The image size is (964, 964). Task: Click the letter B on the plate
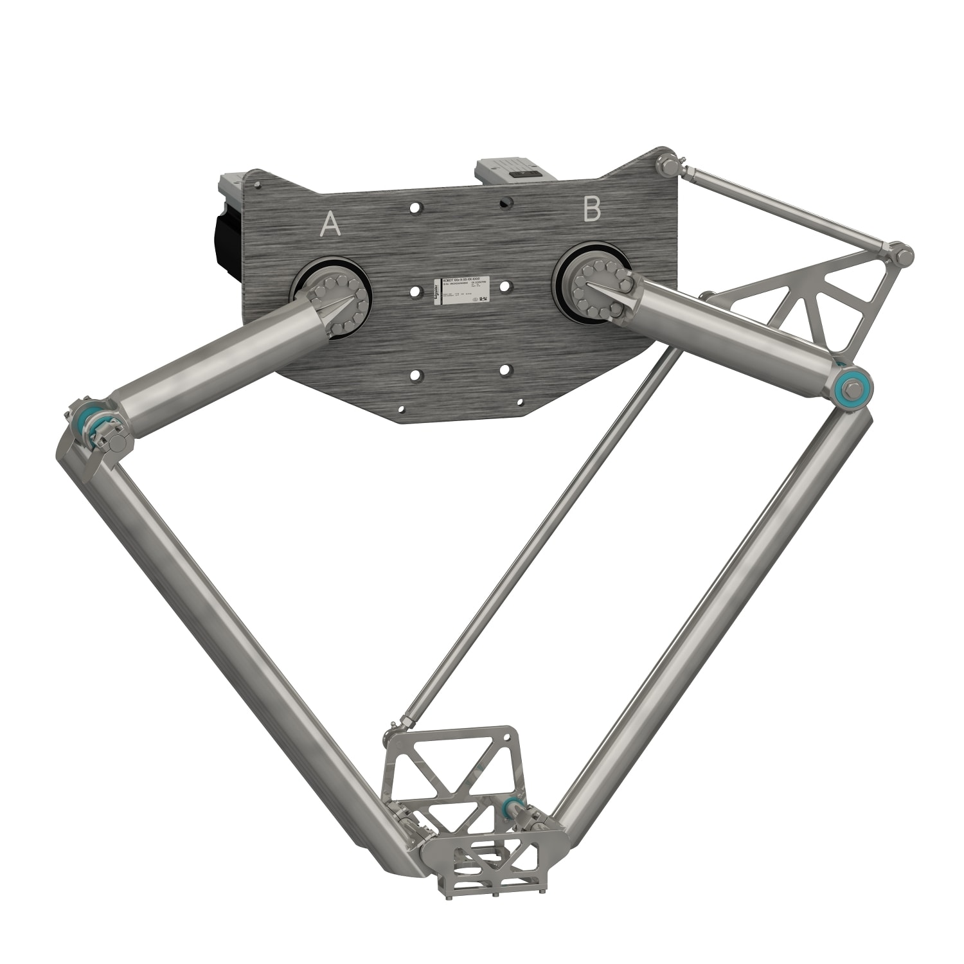click(x=591, y=210)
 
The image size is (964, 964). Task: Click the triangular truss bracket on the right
click(x=816, y=302)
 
